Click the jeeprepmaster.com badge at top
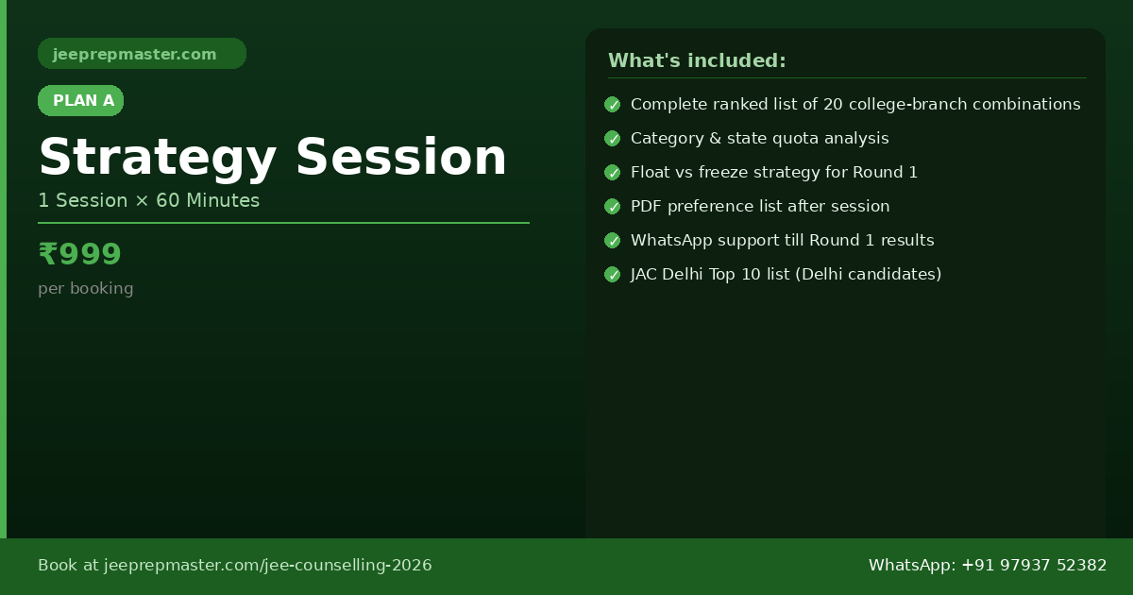[142, 54]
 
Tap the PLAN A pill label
[81, 101]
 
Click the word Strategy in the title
[158, 158]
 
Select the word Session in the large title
[401, 158]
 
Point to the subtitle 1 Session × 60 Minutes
[149, 200]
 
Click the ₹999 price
[80, 253]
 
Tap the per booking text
[86, 288]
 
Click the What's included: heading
[697, 60]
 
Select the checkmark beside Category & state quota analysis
[613, 139]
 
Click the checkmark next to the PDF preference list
[613, 207]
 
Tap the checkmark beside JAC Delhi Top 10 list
[613, 275]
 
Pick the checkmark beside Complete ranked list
[613, 105]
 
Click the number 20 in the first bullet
[833, 104]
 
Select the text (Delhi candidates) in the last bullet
[869, 274]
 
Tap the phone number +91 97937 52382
[1034, 565]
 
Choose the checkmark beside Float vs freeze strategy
[613, 173]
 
